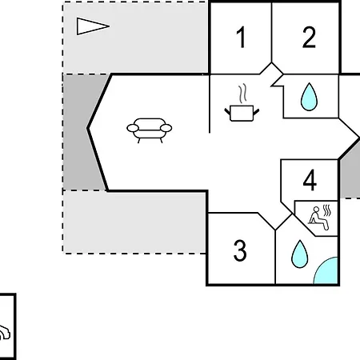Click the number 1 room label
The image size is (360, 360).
click(x=241, y=37)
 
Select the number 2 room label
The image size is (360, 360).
click(x=309, y=37)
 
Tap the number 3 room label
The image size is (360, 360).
click(x=240, y=250)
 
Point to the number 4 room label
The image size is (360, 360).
click(x=310, y=180)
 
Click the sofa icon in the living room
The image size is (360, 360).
click(x=150, y=130)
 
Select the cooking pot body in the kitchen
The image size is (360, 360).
click(x=242, y=113)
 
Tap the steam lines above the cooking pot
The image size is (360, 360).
click(x=242, y=94)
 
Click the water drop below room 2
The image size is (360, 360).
click(x=309, y=97)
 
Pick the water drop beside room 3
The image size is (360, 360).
click(x=300, y=254)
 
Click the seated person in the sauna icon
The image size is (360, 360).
click(x=318, y=218)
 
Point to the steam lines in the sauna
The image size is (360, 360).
click(x=327, y=210)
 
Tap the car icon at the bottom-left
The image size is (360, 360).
click(x=4, y=333)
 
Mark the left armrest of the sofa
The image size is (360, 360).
click(x=133, y=128)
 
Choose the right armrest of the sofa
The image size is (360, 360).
click(x=166, y=128)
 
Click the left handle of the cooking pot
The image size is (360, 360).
click(x=227, y=111)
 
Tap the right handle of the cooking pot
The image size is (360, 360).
click(x=256, y=112)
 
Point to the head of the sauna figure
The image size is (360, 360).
click(x=316, y=210)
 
